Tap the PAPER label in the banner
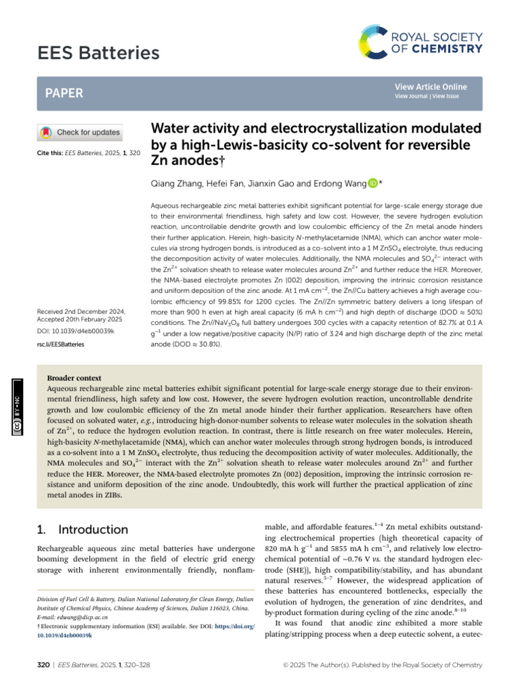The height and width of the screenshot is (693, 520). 64,93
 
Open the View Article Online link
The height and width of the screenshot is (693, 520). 431,87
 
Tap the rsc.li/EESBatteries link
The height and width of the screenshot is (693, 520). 61,344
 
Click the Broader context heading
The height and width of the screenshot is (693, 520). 74,378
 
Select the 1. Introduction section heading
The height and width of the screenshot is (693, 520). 81,530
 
